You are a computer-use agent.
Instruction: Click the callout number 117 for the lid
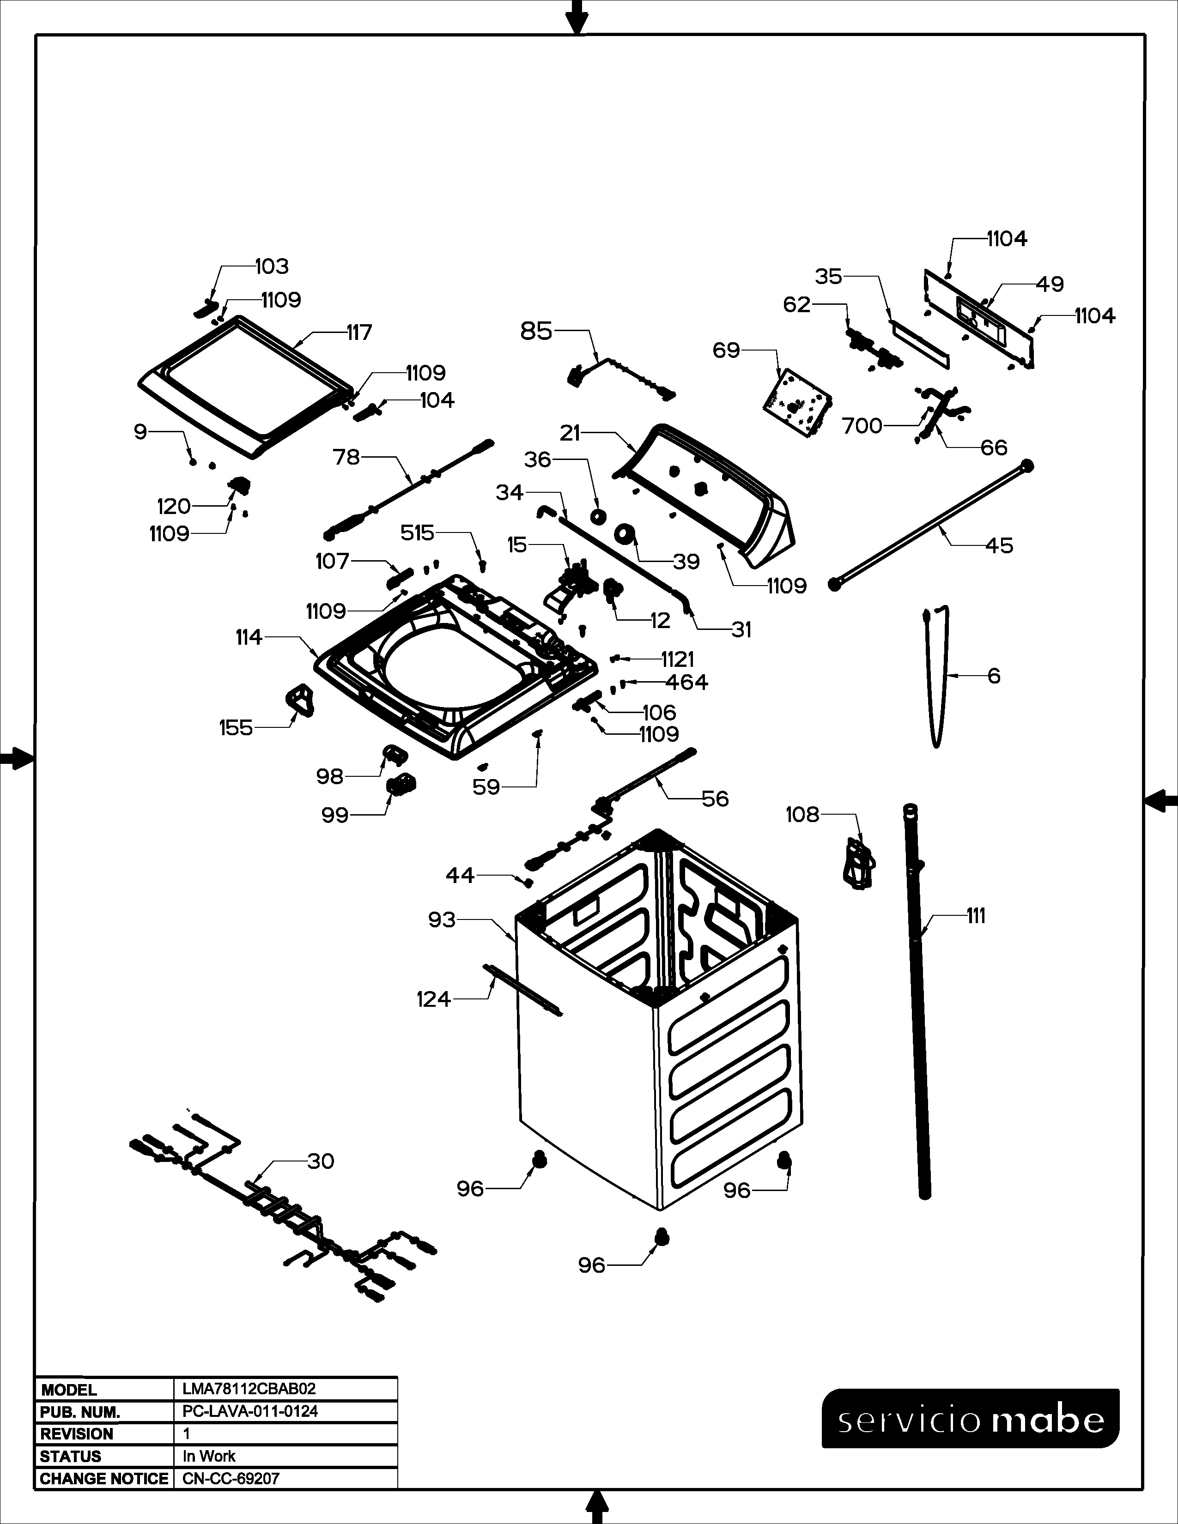(x=359, y=333)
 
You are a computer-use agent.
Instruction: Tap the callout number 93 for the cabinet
(x=442, y=919)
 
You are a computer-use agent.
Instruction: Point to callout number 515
(x=417, y=533)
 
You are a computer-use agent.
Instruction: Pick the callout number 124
(x=433, y=999)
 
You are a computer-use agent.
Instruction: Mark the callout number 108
(x=802, y=814)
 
